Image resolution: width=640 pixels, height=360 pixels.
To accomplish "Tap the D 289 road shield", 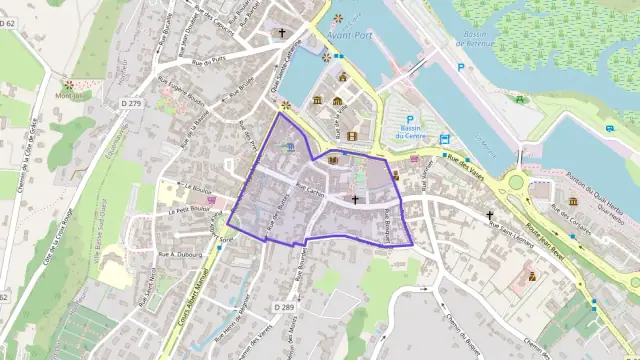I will click(x=282, y=307).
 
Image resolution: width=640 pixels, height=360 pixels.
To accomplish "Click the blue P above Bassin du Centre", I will click(x=409, y=120).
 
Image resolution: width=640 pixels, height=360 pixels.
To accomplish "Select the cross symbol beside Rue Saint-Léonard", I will click(x=490, y=215).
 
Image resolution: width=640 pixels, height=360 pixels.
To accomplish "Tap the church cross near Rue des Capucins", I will click(x=282, y=33).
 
